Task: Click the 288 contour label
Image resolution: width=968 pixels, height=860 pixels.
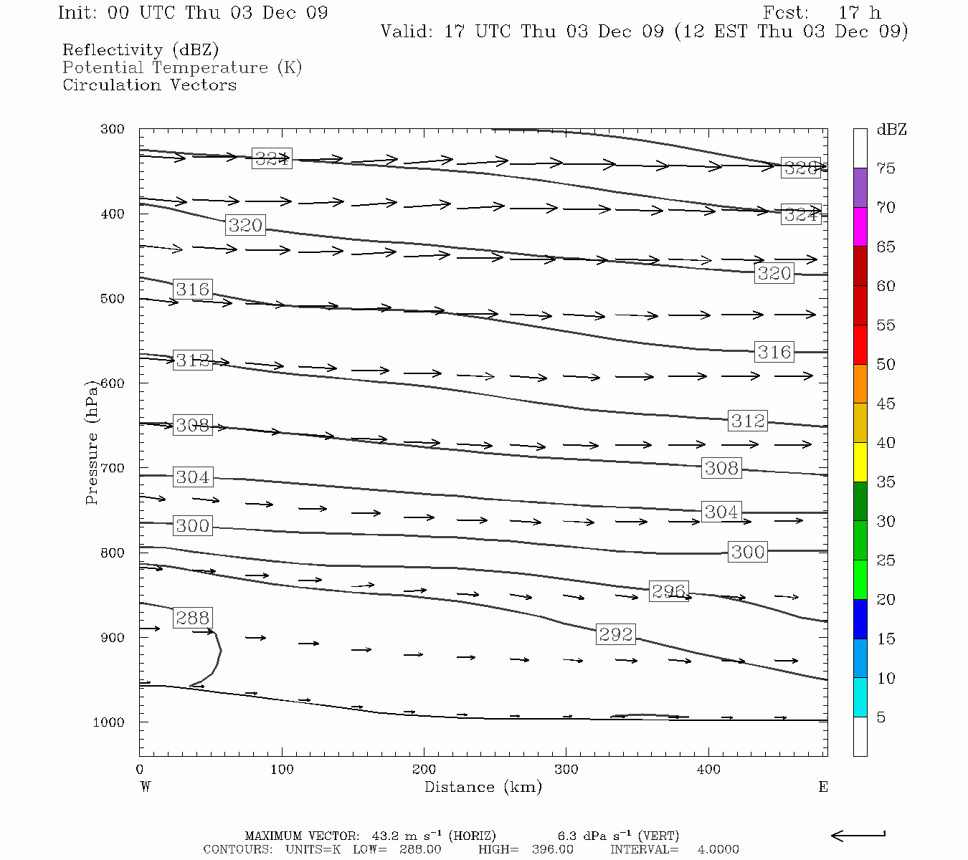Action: pos(192,618)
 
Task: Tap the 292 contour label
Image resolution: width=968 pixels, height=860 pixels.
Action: pos(616,634)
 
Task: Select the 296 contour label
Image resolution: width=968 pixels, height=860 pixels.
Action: pos(668,591)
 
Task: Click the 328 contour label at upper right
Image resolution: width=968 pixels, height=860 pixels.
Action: pos(800,168)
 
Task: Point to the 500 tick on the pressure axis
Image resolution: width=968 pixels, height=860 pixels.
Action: pos(113,299)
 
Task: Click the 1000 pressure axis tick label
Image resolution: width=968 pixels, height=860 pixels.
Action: pos(109,722)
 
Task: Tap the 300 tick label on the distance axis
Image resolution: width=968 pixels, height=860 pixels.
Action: pos(566,770)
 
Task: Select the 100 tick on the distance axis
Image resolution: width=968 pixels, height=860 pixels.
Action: pos(282,770)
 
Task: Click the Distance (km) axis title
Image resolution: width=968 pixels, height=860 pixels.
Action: pos(483,787)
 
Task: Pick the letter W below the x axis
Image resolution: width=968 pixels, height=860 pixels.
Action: pos(146,787)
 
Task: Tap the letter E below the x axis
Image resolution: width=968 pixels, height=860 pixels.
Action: pos(822,787)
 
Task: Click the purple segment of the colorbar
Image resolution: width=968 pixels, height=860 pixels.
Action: pos(860,188)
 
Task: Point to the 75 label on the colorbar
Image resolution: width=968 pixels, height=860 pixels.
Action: pos(886,168)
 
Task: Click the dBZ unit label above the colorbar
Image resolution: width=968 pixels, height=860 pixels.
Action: pos(891,130)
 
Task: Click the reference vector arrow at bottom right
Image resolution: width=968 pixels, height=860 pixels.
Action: pos(858,835)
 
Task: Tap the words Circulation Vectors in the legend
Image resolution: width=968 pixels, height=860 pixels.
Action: pos(149,85)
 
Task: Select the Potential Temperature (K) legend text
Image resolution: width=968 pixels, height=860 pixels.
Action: pos(182,68)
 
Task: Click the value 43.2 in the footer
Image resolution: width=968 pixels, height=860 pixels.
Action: pos(385,836)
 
